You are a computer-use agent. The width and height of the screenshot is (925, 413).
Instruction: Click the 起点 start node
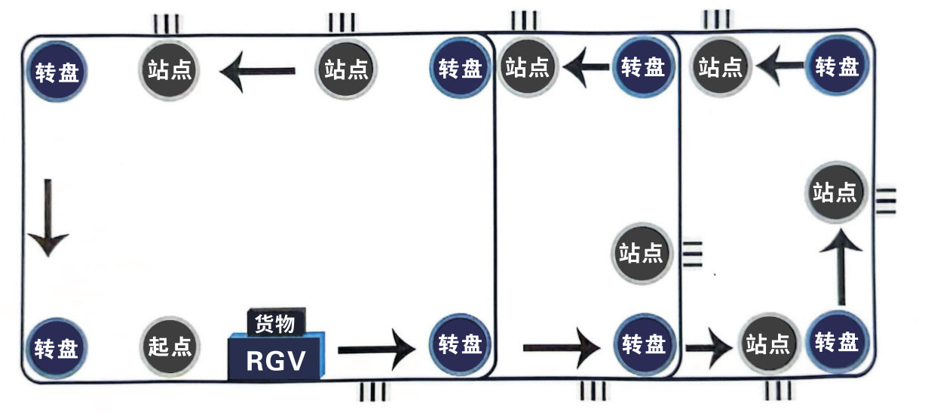(x=170, y=347)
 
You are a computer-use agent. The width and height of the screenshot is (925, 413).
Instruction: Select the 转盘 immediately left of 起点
(x=57, y=347)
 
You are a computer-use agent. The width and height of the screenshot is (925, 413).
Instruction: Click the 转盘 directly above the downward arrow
(x=57, y=72)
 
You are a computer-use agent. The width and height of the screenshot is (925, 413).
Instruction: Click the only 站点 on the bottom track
(x=767, y=346)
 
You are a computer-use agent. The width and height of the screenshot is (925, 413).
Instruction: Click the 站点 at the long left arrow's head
(x=169, y=72)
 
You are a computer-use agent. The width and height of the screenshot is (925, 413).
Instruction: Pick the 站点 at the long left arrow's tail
(x=347, y=70)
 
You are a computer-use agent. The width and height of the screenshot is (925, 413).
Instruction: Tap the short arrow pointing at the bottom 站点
(x=708, y=348)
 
